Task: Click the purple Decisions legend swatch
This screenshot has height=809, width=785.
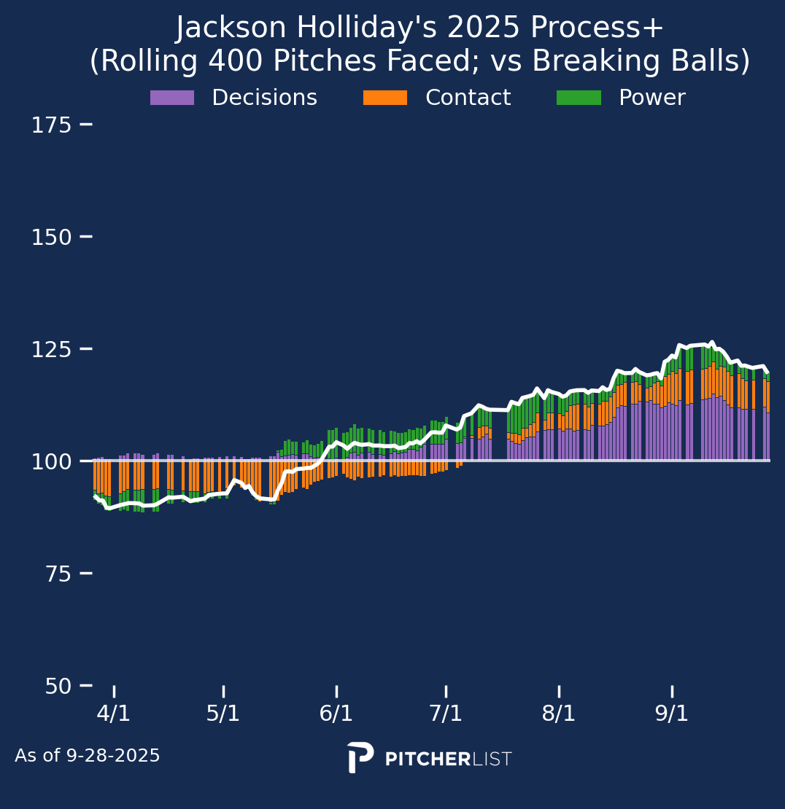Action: (172, 98)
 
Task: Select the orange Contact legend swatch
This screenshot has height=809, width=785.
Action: (385, 98)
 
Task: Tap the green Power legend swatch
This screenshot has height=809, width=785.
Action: (579, 98)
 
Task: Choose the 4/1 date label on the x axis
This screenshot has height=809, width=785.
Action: (114, 714)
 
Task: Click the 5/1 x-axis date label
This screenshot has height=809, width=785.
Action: (223, 714)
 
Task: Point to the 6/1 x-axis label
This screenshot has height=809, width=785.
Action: (336, 714)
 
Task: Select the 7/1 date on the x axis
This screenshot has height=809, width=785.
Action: (446, 714)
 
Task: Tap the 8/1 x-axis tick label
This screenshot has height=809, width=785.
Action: (559, 714)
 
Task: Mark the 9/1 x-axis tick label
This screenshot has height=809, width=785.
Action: (672, 714)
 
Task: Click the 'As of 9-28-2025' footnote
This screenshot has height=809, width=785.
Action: (88, 757)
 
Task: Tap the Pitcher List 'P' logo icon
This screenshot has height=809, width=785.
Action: (360, 758)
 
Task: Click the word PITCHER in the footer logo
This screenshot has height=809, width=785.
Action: (428, 759)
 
